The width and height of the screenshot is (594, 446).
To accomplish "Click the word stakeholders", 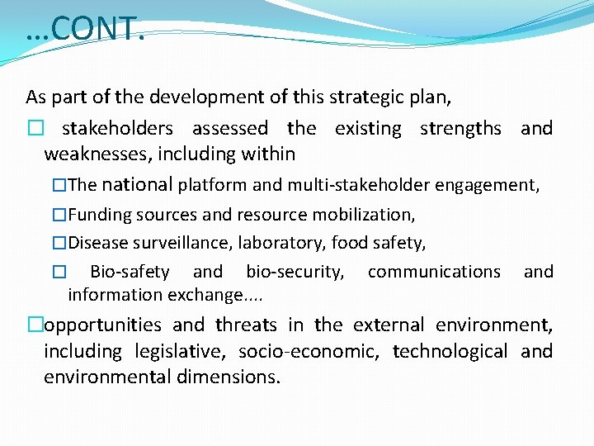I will point(117,128).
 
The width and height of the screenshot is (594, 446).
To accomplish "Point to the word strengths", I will point(460,128).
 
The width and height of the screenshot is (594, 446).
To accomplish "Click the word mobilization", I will point(365,215).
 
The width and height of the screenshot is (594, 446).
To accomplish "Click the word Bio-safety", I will point(130,272).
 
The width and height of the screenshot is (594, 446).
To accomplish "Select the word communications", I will point(434,272).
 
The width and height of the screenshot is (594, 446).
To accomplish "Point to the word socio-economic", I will point(309,352).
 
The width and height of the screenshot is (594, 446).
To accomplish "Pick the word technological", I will point(450,351).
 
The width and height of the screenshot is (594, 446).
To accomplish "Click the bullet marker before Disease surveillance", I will point(59,244).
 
